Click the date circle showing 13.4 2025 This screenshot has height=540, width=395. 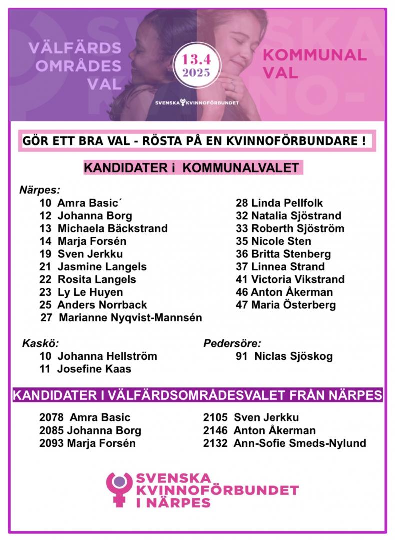click(196, 66)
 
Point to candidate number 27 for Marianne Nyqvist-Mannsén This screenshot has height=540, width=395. click(46, 317)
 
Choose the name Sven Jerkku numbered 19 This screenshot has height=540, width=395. click(90, 254)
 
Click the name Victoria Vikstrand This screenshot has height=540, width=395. click(298, 279)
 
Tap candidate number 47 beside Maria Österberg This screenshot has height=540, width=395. click(242, 305)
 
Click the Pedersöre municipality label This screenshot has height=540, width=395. click(232, 343)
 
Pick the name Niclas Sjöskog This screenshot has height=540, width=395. click(293, 356)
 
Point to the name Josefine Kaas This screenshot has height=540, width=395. click(94, 369)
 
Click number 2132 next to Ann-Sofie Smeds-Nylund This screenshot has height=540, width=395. click(216, 443)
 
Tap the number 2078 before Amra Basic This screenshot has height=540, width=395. click(52, 417)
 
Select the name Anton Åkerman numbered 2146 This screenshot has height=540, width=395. click(274, 430)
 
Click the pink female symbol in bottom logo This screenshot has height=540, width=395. click(119, 488)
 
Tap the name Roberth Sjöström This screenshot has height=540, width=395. click(298, 229)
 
